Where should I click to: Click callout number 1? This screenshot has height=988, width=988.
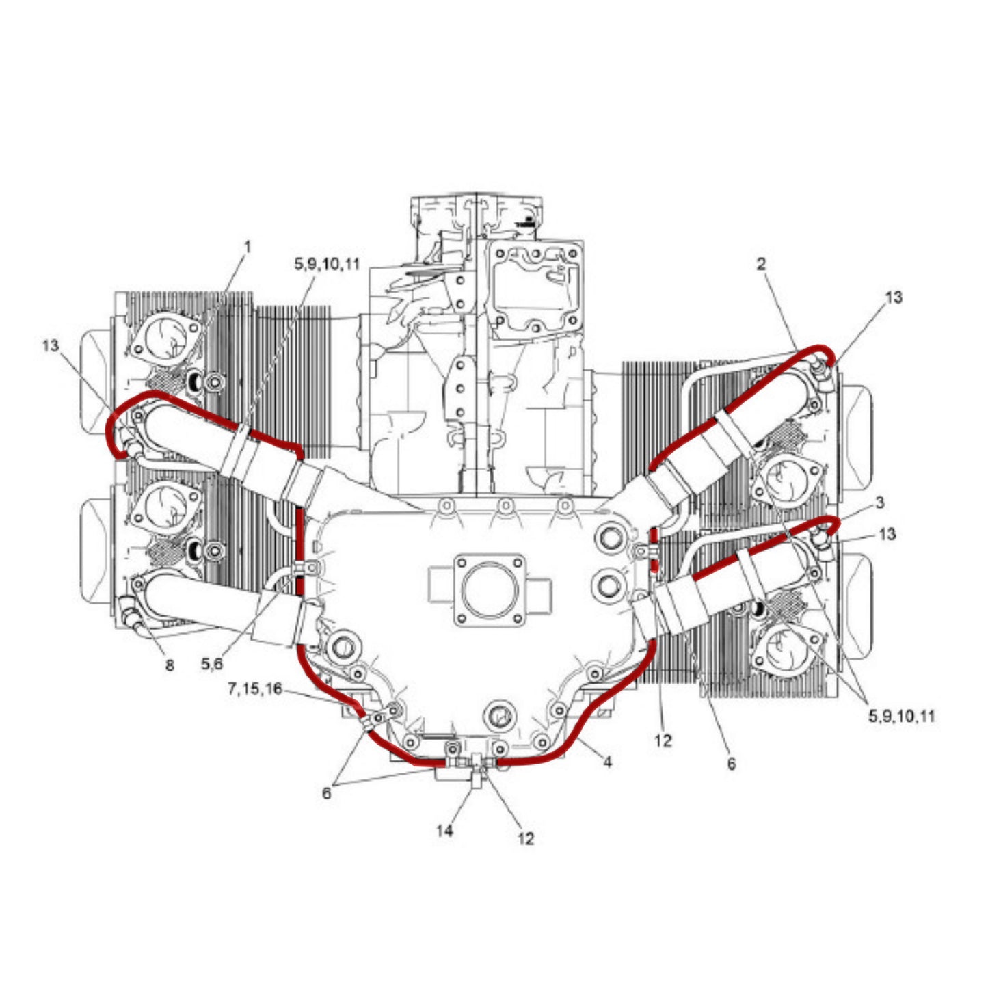click(248, 248)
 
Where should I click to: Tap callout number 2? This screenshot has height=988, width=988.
click(761, 265)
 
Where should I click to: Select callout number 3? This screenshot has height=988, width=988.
click(880, 503)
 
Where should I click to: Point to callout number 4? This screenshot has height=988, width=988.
click(608, 762)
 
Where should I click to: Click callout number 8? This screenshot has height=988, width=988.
click(170, 665)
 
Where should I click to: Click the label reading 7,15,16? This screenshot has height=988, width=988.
click(255, 689)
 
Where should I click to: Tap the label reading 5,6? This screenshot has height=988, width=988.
click(212, 665)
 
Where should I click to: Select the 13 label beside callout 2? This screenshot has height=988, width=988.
click(894, 297)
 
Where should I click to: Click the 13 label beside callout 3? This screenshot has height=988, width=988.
click(887, 534)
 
